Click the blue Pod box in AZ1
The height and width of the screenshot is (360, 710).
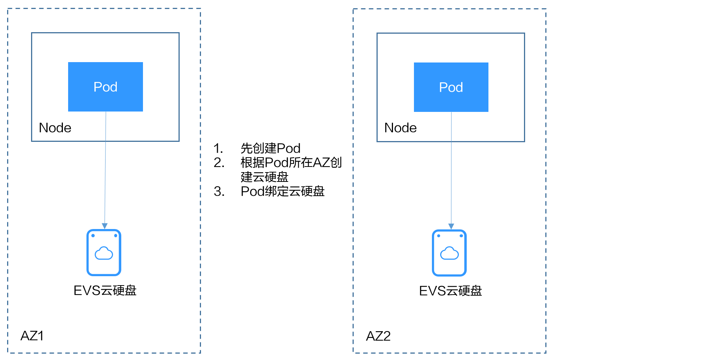pos(106,87)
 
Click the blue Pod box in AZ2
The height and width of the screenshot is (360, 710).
pos(451,87)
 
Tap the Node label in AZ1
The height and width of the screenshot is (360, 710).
pos(55,128)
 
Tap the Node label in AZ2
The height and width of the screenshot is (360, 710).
pos(400,128)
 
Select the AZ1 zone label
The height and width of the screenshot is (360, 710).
pos(32,336)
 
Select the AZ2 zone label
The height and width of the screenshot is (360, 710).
pos(378,336)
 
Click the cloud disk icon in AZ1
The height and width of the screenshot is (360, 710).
pos(104,253)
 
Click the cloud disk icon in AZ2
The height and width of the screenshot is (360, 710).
pos(449,253)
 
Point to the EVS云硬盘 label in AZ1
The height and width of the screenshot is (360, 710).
pos(105,290)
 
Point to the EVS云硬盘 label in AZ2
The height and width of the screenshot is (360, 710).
pos(451,291)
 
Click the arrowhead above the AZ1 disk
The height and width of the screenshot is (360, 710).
pos(105,226)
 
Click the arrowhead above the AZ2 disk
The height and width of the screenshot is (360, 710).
pos(451,226)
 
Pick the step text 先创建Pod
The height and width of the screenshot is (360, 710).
pos(271,148)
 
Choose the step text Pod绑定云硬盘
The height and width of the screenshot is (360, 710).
pos(283,191)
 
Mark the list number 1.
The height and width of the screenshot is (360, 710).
pos(218,149)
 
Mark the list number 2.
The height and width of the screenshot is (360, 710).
pos(219,163)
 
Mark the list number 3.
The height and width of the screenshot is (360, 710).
pos(219,192)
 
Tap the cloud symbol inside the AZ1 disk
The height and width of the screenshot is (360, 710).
pos(104,253)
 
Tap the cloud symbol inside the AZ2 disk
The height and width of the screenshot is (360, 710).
pos(449,253)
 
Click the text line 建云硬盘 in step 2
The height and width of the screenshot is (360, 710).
pos(265,177)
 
